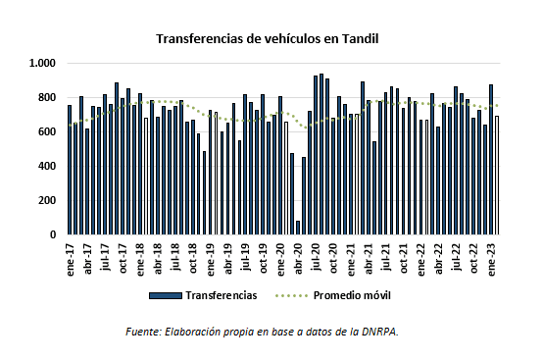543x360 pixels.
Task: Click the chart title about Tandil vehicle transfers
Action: tap(267, 39)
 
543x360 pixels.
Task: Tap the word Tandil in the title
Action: tap(358, 39)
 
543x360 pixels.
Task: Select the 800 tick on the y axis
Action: tap(46, 98)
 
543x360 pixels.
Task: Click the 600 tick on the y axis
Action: tap(46, 132)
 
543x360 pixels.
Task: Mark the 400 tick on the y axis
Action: tap(46, 167)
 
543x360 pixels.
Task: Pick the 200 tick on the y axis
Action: tap(46, 201)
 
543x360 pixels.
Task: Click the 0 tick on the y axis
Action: tap(53, 235)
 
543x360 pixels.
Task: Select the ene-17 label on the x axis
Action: tap(71, 257)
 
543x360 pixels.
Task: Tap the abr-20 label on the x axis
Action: tap(298, 257)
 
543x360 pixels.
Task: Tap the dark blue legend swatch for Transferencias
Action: tap(169, 295)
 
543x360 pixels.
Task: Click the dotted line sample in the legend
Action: tap(289, 295)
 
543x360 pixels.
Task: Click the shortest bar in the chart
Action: tap(298, 228)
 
